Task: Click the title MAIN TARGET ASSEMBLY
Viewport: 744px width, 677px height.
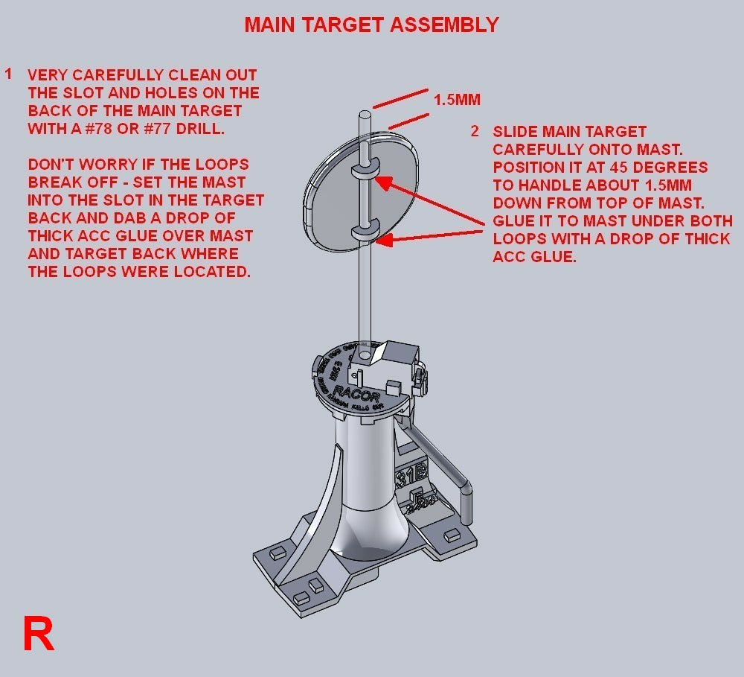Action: (371, 25)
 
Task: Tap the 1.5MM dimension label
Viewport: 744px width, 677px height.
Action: (458, 100)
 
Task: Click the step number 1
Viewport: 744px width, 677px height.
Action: (9, 74)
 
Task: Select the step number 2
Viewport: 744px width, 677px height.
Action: (475, 132)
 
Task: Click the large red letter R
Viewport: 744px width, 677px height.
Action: (39, 635)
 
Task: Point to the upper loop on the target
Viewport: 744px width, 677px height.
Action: (365, 170)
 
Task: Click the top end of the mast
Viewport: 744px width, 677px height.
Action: (365, 115)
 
